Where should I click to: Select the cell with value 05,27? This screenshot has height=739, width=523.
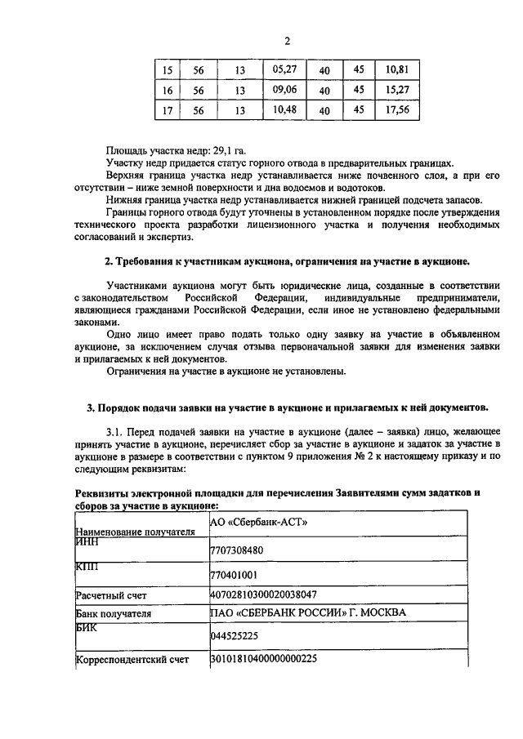[284, 69]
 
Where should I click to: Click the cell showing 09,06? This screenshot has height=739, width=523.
[284, 89]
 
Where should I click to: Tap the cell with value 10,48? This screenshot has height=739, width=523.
[284, 109]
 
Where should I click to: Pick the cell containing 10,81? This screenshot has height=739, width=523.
[396, 69]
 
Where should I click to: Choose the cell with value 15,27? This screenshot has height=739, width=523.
[396, 89]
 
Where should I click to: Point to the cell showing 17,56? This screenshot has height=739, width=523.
[396, 109]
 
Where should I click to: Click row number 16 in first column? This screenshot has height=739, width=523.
[168, 91]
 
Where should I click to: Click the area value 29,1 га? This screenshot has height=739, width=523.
[229, 151]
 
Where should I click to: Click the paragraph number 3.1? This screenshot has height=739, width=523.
[116, 430]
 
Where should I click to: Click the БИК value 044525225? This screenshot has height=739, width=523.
[235, 634]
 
